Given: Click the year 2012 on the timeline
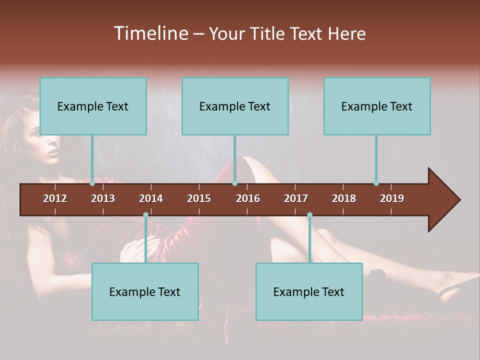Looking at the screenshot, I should [x=55, y=198].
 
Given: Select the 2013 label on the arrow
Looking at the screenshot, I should [x=103, y=198].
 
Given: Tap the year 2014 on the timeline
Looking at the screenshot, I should [x=151, y=198].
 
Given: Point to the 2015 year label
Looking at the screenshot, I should [x=199, y=198].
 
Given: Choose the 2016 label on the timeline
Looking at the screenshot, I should [x=248, y=198].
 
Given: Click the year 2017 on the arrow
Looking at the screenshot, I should [x=296, y=198].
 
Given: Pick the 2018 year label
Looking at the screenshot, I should [x=344, y=198].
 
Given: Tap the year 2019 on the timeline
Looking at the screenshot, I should [x=392, y=198].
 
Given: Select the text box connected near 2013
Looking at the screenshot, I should [x=93, y=106].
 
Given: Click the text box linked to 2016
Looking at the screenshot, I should [x=235, y=106].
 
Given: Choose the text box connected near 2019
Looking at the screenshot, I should [x=377, y=106].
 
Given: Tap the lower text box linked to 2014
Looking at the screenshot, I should [x=145, y=291].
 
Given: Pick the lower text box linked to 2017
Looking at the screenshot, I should [x=309, y=291].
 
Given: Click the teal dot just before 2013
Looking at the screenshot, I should [x=92, y=183].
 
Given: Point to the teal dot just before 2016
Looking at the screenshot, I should [x=234, y=183].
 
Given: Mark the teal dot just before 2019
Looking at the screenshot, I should [x=376, y=183].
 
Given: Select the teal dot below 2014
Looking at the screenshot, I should [x=145, y=215].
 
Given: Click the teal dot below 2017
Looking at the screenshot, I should [x=309, y=215].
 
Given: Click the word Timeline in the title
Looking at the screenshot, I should [x=150, y=33].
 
